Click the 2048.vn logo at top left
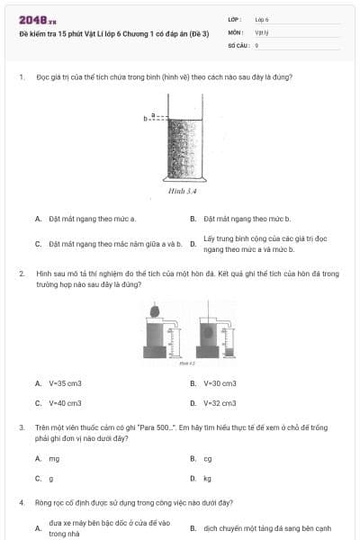tap(37, 21)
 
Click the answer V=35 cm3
tap(65, 383)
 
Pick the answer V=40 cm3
tap(65, 403)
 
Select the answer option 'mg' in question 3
tap(54, 458)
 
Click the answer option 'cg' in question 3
tap(208, 458)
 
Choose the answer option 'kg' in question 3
tap(208, 478)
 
